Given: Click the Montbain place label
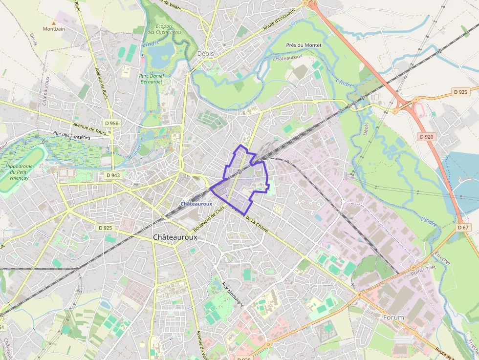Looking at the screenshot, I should click(54, 29).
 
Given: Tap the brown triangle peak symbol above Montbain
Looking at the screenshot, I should click(54, 22).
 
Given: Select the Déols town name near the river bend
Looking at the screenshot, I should click(205, 53).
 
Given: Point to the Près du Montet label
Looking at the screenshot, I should click(304, 45).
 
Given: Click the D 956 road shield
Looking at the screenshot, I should click(111, 123).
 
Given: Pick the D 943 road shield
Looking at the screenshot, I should click(112, 175).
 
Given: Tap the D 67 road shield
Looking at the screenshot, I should click(463, 228).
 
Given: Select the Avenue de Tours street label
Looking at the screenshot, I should click(90, 128).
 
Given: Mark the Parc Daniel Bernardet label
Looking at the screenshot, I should click(154, 79).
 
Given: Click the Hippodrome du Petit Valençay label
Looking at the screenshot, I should click(20, 172).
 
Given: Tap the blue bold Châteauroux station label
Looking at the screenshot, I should click(196, 204).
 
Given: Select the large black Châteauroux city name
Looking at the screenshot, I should click(175, 237).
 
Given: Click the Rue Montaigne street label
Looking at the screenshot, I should click(233, 295).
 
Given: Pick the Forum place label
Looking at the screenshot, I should click(393, 318).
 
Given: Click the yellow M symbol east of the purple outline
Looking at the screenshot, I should click(279, 209).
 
